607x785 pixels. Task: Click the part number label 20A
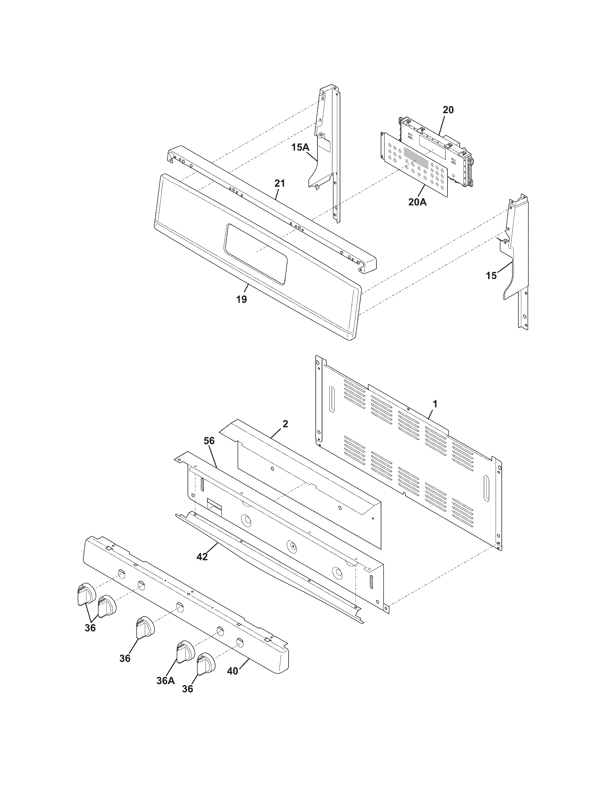417,202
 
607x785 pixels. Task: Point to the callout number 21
280,183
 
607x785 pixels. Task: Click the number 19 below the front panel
242,299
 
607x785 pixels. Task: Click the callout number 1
435,404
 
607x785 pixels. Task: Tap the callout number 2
285,424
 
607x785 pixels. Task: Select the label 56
209,441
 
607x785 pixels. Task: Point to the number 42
202,557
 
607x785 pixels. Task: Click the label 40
233,671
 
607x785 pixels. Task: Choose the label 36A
166,681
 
